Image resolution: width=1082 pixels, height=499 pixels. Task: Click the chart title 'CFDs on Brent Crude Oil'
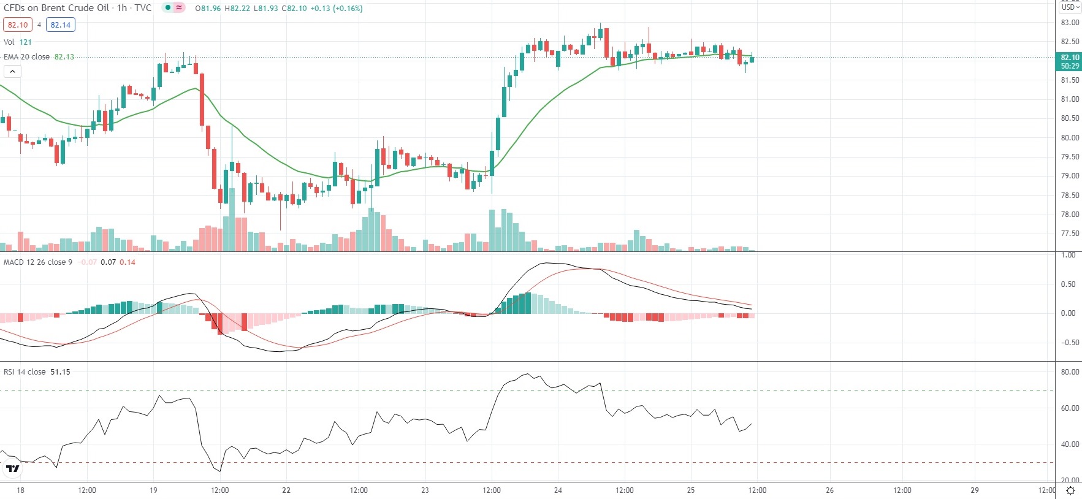pos(56,8)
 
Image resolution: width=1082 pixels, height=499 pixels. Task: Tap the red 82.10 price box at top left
pos(18,25)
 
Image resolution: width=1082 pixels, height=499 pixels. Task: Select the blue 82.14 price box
pos(61,25)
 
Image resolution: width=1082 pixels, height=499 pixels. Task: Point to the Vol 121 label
pos(17,42)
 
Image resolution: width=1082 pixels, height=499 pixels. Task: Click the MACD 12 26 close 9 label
pos(38,262)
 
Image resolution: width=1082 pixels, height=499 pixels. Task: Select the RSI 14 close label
pos(25,372)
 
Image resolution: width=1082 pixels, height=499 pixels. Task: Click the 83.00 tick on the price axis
pos(1070,23)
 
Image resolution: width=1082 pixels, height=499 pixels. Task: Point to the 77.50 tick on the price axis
pos(1070,234)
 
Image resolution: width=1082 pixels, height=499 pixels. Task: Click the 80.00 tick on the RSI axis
pos(1070,372)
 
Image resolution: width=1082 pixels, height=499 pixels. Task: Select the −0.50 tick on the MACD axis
pos(1068,343)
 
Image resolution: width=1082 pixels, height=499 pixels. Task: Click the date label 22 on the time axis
pos(286,490)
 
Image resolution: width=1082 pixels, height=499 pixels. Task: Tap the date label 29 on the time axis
pos(975,490)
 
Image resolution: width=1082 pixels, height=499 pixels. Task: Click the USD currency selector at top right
pos(1070,7)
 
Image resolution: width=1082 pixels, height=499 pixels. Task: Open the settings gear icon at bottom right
pos(1070,490)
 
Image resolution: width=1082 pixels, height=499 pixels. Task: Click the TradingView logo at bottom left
pos(12,469)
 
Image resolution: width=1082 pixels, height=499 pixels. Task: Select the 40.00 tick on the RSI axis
pos(1070,444)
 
